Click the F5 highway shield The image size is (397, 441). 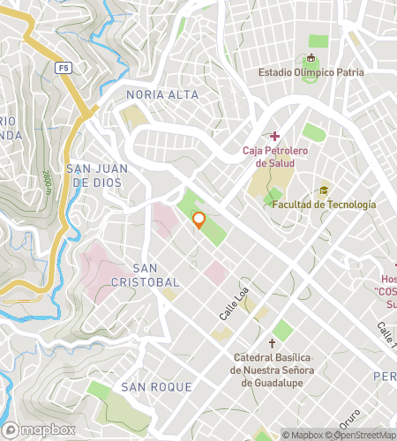[x=63, y=67]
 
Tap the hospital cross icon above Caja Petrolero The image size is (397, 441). [x=275, y=136]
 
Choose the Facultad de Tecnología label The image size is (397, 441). [x=324, y=205]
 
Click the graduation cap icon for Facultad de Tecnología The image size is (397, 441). [x=324, y=190]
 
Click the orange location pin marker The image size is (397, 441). [x=198, y=220]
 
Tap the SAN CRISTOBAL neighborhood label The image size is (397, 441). [x=155, y=274]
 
